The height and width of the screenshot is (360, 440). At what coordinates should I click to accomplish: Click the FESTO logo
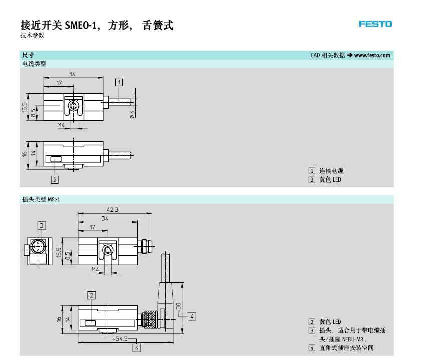pyautogui.click(x=375, y=24)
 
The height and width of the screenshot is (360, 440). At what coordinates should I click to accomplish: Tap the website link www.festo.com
pyautogui.click(x=372, y=55)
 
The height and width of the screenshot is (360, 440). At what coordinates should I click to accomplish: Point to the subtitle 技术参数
pyautogui.click(x=33, y=36)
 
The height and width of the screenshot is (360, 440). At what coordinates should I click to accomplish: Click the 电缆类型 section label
pyautogui.click(x=34, y=64)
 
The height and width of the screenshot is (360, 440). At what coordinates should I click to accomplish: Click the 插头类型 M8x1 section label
pyautogui.click(x=40, y=200)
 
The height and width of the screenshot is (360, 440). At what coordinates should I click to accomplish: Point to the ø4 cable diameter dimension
pyautogui.click(x=132, y=113)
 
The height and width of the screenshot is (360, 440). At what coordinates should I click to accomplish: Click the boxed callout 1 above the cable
pyautogui.click(x=119, y=82)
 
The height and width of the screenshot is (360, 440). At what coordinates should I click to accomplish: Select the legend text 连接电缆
pyautogui.click(x=332, y=171)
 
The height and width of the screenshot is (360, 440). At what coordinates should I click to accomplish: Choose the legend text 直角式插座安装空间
pyautogui.click(x=346, y=348)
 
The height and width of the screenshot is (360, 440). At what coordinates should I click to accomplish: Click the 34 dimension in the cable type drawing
pyautogui.click(x=72, y=75)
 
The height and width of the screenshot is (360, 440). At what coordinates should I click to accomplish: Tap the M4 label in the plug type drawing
pyautogui.click(x=96, y=269)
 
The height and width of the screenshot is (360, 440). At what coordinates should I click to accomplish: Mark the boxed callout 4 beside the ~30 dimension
pyautogui.click(x=192, y=316)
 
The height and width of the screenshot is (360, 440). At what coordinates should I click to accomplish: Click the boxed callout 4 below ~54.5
pyautogui.click(x=136, y=347)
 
